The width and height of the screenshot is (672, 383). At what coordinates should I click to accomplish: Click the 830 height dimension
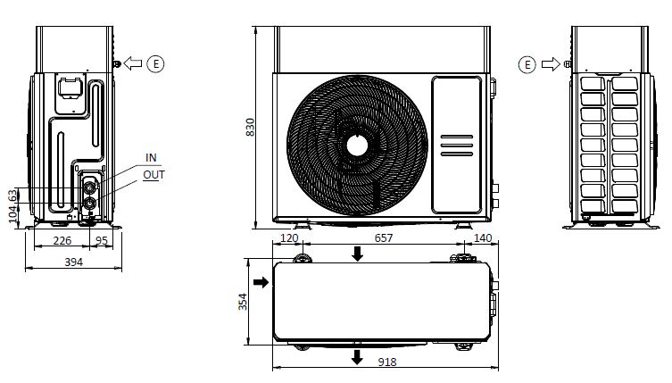click(250, 128)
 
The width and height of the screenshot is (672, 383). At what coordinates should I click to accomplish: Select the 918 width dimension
click(386, 362)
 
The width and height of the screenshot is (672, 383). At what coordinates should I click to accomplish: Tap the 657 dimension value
click(383, 239)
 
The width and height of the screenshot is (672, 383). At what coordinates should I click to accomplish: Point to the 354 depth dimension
click(242, 302)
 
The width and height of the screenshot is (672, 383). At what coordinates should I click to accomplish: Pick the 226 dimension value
click(62, 239)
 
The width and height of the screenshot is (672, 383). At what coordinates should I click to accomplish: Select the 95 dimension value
click(102, 239)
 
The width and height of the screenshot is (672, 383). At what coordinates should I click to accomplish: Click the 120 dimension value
click(289, 239)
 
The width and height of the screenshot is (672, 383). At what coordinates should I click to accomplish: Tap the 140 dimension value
click(481, 239)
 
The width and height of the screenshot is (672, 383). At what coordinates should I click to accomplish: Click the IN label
click(151, 158)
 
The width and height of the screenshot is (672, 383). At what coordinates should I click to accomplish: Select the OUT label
click(153, 175)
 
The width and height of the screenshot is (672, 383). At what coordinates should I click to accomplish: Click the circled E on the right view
click(527, 63)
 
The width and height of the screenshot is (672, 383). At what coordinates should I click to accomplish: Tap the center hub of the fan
click(358, 144)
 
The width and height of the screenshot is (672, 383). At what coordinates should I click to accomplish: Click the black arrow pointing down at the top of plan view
click(358, 255)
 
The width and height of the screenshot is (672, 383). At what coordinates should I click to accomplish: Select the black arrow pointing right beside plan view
click(261, 282)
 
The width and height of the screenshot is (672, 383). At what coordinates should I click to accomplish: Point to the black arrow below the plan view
click(358, 356)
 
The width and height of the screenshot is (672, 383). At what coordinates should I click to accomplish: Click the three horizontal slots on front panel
click(455, 146)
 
